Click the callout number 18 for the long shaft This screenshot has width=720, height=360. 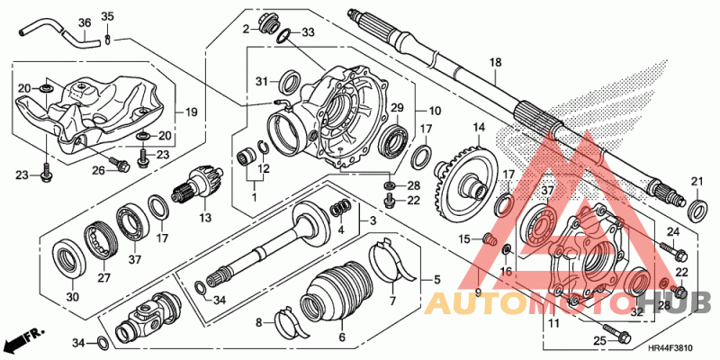(494, 62)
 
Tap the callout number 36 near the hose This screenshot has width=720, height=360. (85, 22)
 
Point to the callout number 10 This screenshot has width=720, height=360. (435, 112)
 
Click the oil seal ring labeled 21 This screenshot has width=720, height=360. (697, 211)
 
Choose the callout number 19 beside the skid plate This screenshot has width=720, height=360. (191, 112)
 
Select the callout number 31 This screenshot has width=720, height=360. (263, 83)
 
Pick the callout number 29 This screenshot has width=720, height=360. (394, 108)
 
